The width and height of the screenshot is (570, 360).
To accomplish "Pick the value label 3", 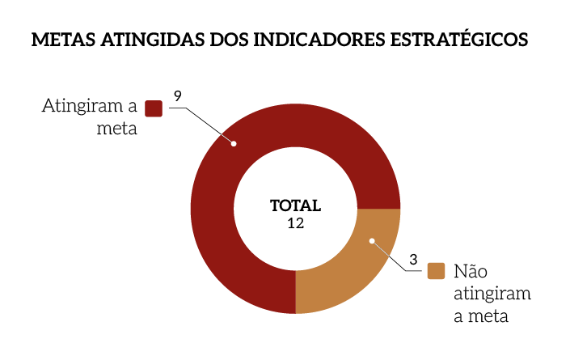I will pos(413,260).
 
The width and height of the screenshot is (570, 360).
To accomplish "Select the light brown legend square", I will pos(437,271).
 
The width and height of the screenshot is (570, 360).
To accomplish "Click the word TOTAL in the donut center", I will pos(295,205).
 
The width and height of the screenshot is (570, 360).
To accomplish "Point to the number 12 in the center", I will pos(295,223).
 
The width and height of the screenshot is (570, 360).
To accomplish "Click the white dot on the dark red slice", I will pos(234,144).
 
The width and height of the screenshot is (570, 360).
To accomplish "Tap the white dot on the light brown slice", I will pos(372,240).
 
